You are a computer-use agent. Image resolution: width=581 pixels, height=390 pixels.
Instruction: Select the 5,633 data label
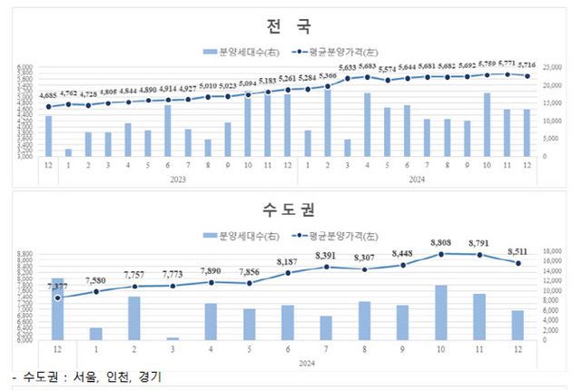[x=345, y=67]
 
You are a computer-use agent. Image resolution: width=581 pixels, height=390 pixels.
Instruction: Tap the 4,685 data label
[x=48, y=94]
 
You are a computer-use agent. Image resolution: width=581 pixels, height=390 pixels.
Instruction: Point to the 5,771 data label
[x=506, y=64]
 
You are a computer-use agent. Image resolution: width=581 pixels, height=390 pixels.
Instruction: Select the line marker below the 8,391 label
[x=326, y=267]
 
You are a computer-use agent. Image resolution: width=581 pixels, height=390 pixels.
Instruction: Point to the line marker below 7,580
[x=95, y=291]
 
